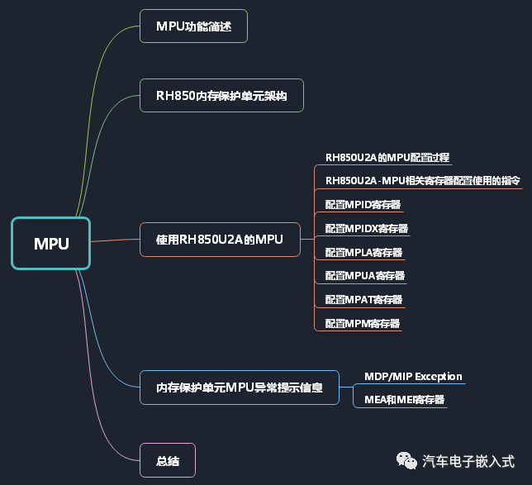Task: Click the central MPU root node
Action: pyautogui.click(x=50, y=243)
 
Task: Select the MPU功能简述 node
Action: pyautogui.click(x=193, y=26)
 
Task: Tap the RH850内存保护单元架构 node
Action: pyautogui.click(x=221, y=96)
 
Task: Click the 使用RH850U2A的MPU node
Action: pyautogui.click(x=220, y=240)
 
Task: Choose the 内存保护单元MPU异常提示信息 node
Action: pyautogui.click(x=240, y=387)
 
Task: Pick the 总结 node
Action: pyautogui.click(x=168, y=459)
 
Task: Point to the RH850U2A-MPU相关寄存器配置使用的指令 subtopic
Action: pyautogui.click(x=423, y=181)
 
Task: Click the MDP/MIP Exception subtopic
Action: pyautogui.click(x=413, y=377)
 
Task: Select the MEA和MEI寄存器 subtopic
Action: pyautogui.click(x=405, y=400)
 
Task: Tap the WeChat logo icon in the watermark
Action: pyautogui.click(x=406, y=459)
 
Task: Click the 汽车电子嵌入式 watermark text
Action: pyautogui.click(x=468, y=460)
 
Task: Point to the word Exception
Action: pyautogui.click(x=439, y=377)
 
